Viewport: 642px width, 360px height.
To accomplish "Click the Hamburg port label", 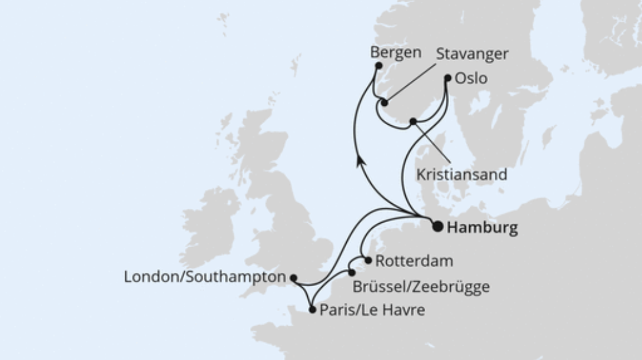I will tap(482, 228).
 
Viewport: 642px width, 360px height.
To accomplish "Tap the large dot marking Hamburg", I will tap(438, 227).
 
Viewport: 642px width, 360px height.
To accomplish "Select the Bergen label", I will tap(395, 52).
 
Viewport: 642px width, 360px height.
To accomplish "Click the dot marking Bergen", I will tap(378, 66).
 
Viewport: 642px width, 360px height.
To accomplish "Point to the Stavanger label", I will tap(472, 54).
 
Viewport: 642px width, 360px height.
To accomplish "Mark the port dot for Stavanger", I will tap(385, 103).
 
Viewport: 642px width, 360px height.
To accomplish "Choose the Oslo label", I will tap(471, 78).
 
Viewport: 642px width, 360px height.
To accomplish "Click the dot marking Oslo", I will tap(447, 78).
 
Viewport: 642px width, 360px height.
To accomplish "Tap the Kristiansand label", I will tap(461, 175).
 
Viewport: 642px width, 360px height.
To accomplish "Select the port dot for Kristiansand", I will tap(413, 121).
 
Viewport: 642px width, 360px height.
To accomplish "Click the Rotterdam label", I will tap(414, 261).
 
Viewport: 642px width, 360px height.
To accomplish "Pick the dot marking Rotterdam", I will tap(368, 260).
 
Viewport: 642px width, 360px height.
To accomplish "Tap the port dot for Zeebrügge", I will tap(352, 273).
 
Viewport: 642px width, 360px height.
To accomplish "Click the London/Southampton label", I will tap(204, 277).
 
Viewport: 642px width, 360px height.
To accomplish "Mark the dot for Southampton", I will tap(294, 278).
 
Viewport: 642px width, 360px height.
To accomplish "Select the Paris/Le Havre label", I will tap(372, 310).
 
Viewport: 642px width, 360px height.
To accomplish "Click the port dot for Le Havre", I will tap(312, 310).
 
